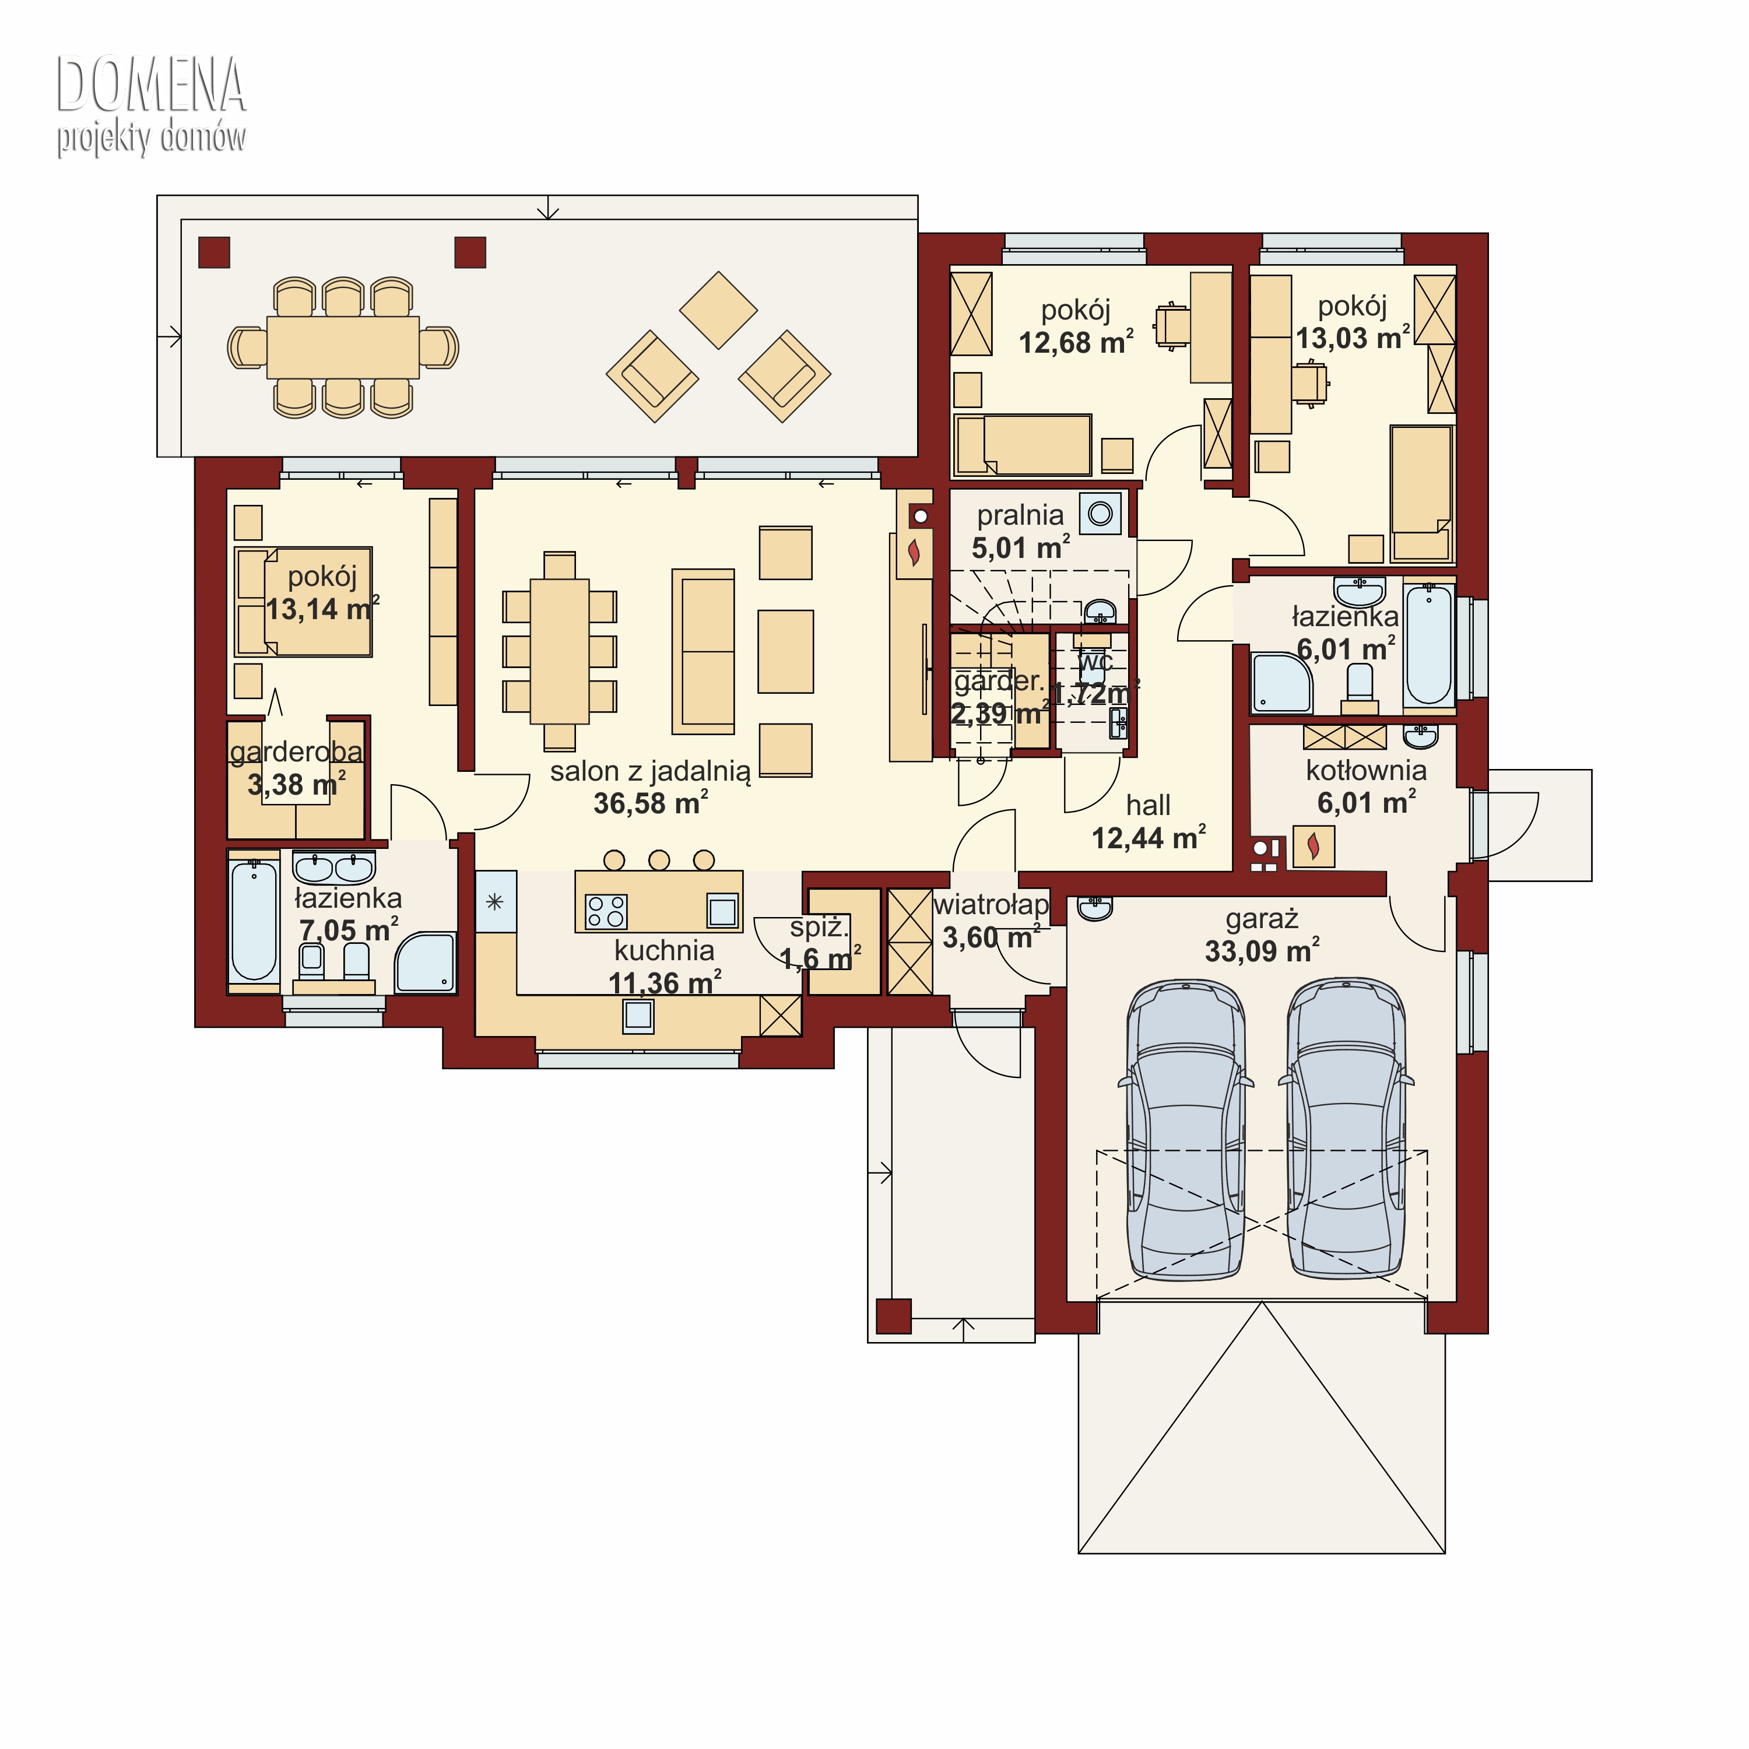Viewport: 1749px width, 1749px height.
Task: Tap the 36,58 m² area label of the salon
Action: (x=651, y=803)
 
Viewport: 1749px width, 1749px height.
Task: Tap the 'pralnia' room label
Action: (x=1020, y=516)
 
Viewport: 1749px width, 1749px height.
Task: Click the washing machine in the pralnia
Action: (x=1100, y=513)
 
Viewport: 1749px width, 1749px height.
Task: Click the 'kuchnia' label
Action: (x=665, y=950)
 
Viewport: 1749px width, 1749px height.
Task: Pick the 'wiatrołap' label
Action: (x=991, y=904)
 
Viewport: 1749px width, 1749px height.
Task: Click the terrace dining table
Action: (x=343, y=347)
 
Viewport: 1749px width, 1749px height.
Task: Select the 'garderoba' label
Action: (x=296, y=752)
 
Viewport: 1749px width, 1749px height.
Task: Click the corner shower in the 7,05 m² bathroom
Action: (x=426, y=963)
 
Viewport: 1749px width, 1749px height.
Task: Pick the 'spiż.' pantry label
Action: (x=819, y=927)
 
